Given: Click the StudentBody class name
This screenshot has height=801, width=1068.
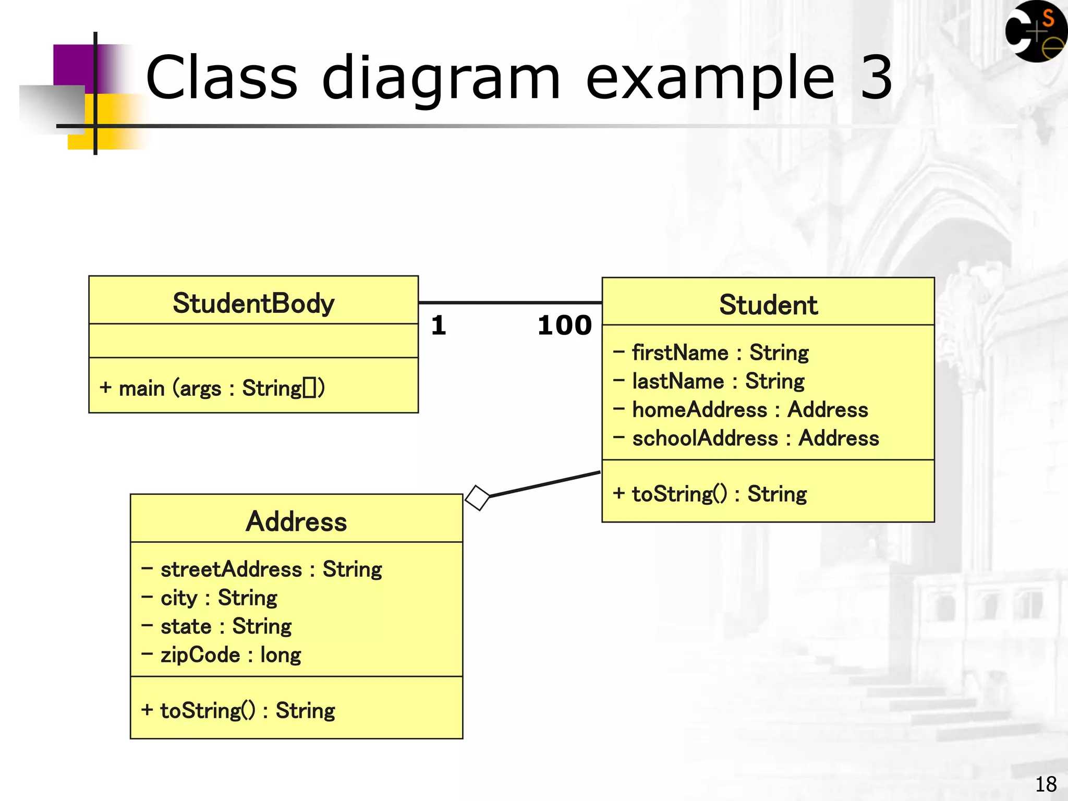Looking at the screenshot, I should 253,304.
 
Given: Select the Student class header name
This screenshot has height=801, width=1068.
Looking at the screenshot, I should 768,305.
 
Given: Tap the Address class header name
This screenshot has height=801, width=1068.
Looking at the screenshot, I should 296,521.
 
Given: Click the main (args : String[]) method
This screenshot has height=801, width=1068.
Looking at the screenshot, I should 212,389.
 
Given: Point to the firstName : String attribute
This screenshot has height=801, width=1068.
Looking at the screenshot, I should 711,353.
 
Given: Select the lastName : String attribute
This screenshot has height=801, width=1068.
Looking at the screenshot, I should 709,381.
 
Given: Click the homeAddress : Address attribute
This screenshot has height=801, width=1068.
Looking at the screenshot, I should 741,410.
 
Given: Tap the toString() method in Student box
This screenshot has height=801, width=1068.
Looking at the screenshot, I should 710,494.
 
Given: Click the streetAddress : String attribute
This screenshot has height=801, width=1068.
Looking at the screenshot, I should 262,569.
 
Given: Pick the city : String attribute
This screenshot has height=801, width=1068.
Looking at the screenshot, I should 210,598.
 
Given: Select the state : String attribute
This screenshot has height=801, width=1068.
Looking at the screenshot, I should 217,626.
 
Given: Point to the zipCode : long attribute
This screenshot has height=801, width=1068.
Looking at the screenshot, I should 222,655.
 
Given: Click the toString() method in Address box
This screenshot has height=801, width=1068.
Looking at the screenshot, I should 238,711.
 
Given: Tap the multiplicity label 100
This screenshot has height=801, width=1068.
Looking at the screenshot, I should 564,326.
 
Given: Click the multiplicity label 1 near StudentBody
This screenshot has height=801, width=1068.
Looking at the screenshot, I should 438,326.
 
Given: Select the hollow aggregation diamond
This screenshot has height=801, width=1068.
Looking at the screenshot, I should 477,498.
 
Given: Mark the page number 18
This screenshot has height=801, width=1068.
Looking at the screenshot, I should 1046,784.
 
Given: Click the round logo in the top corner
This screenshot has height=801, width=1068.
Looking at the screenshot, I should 1035,31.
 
